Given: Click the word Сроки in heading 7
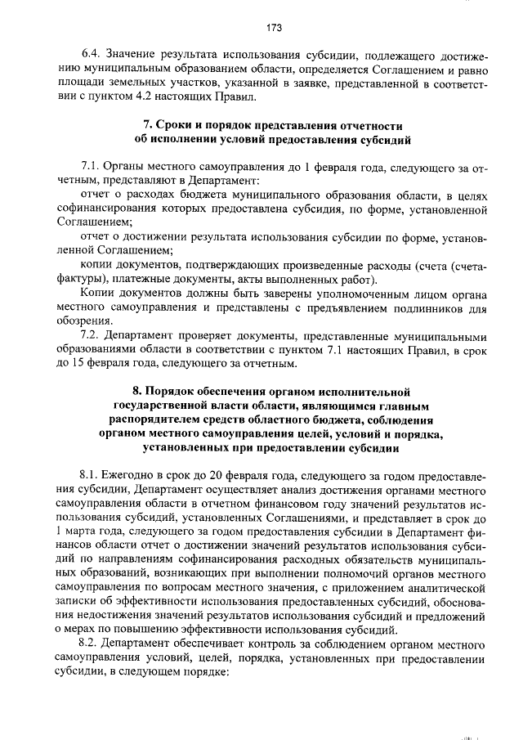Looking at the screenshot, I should click(x=177, y=127).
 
